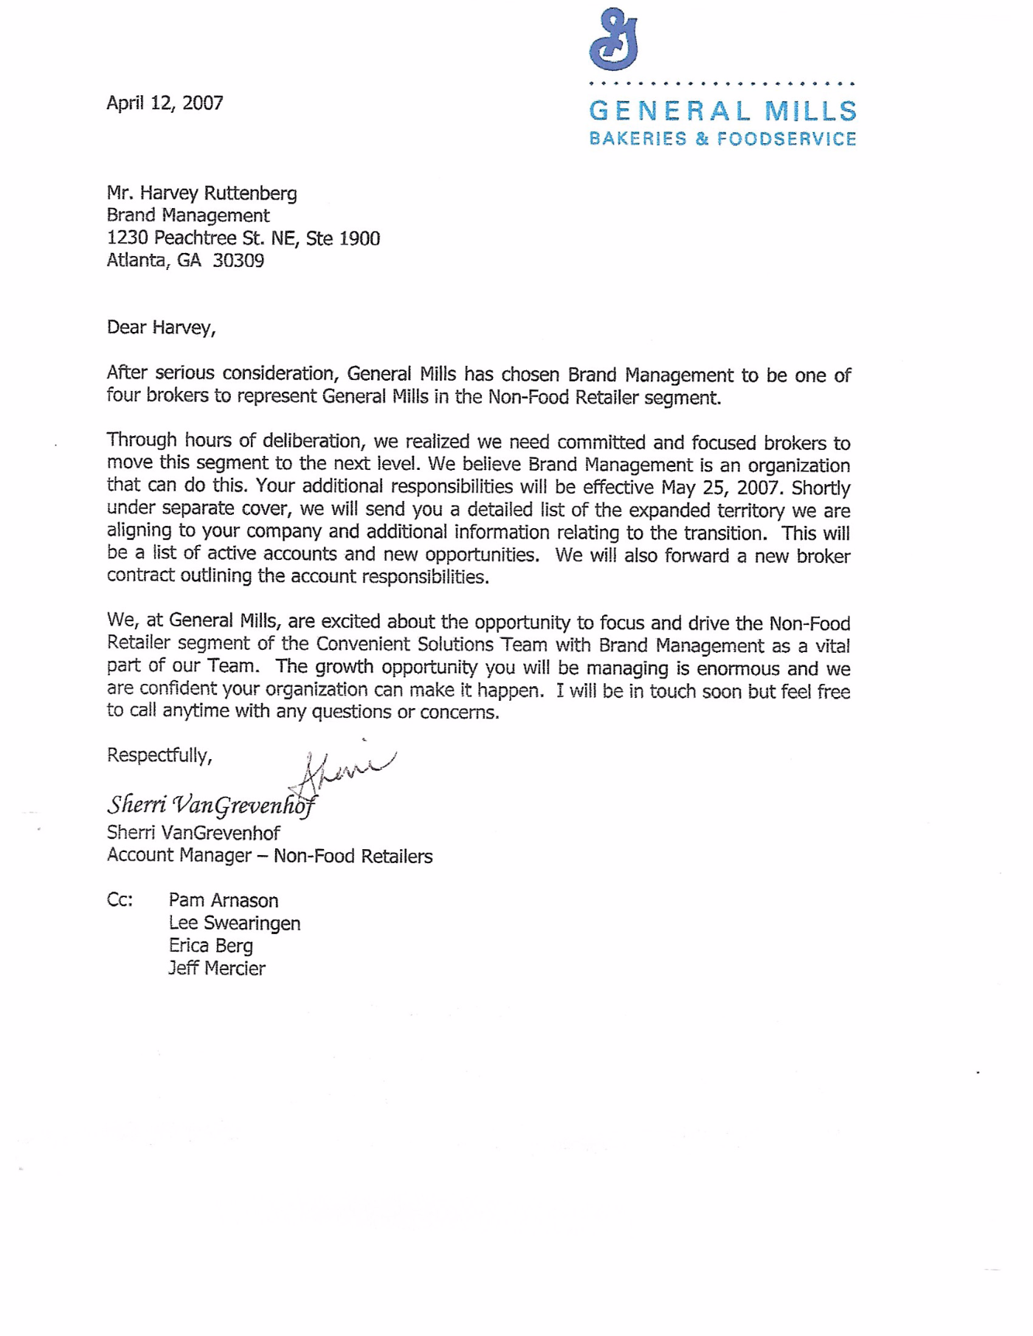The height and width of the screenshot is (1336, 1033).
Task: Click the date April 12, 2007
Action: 165,103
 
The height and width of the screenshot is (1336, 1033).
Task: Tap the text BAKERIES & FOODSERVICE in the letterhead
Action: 722,139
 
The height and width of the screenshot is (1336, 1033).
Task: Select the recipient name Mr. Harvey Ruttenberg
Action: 201,193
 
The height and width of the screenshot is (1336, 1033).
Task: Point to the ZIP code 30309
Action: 238,260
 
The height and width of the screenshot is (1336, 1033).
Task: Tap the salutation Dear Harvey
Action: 161,328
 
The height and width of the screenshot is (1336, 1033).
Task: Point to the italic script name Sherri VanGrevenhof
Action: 210,804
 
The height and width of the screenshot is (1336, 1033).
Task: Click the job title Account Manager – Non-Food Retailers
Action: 269,856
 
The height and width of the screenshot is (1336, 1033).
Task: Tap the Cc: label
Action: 120,900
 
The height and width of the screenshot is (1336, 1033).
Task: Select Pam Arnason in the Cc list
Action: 223,901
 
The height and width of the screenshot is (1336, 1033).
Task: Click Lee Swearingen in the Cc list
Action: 234,924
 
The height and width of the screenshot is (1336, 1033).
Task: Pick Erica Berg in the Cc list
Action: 210,946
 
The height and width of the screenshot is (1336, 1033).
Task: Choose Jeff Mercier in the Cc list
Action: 216,969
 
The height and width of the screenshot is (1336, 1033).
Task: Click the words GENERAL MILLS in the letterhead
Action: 722,111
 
